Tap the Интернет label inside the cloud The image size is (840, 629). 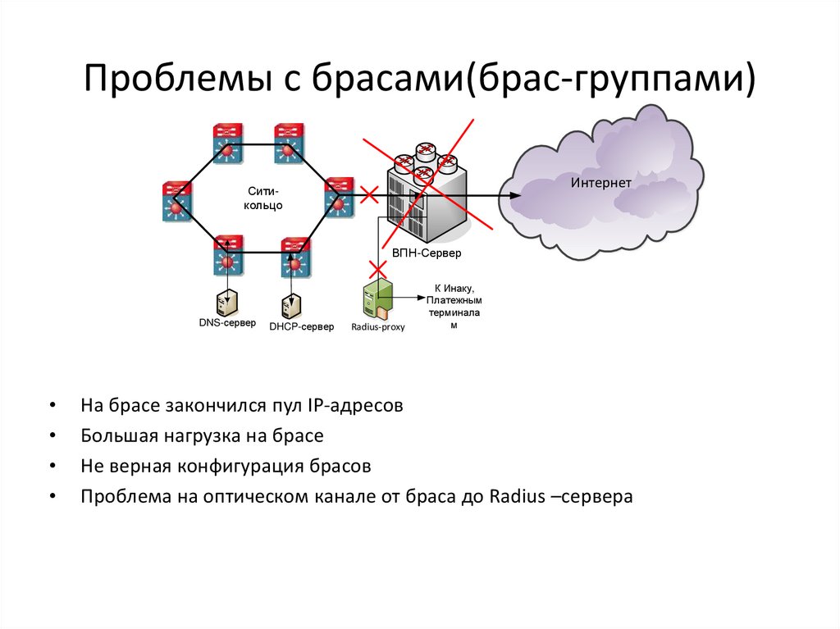tap(600, 183)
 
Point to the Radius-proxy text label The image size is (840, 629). tap(378, 326)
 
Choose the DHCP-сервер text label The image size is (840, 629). tap(301, 327)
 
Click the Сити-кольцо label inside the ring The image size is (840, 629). tap(263, 198)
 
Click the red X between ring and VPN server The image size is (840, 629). tap(368, 195)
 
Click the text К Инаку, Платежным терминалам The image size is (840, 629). tap(452, 307)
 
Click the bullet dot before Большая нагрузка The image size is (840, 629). tap(53, 436)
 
